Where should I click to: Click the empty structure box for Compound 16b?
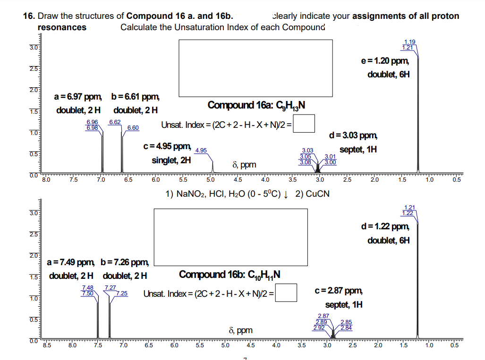pos(230,237)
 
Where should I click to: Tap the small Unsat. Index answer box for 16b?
pos(287,293)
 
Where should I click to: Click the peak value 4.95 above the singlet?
pos(200,151)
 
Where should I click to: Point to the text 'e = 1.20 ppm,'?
pos(383,61)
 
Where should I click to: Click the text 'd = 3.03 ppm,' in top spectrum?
pos(354,136)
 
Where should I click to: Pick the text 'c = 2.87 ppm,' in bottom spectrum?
pos(339,291)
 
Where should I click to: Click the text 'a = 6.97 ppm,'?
pos(78,97)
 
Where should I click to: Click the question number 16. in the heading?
pos(29,16)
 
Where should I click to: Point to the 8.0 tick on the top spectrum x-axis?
pos(45,180)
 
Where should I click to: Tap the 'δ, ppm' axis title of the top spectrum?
pos(244,165)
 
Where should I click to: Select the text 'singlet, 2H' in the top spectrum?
pos(171,160)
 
